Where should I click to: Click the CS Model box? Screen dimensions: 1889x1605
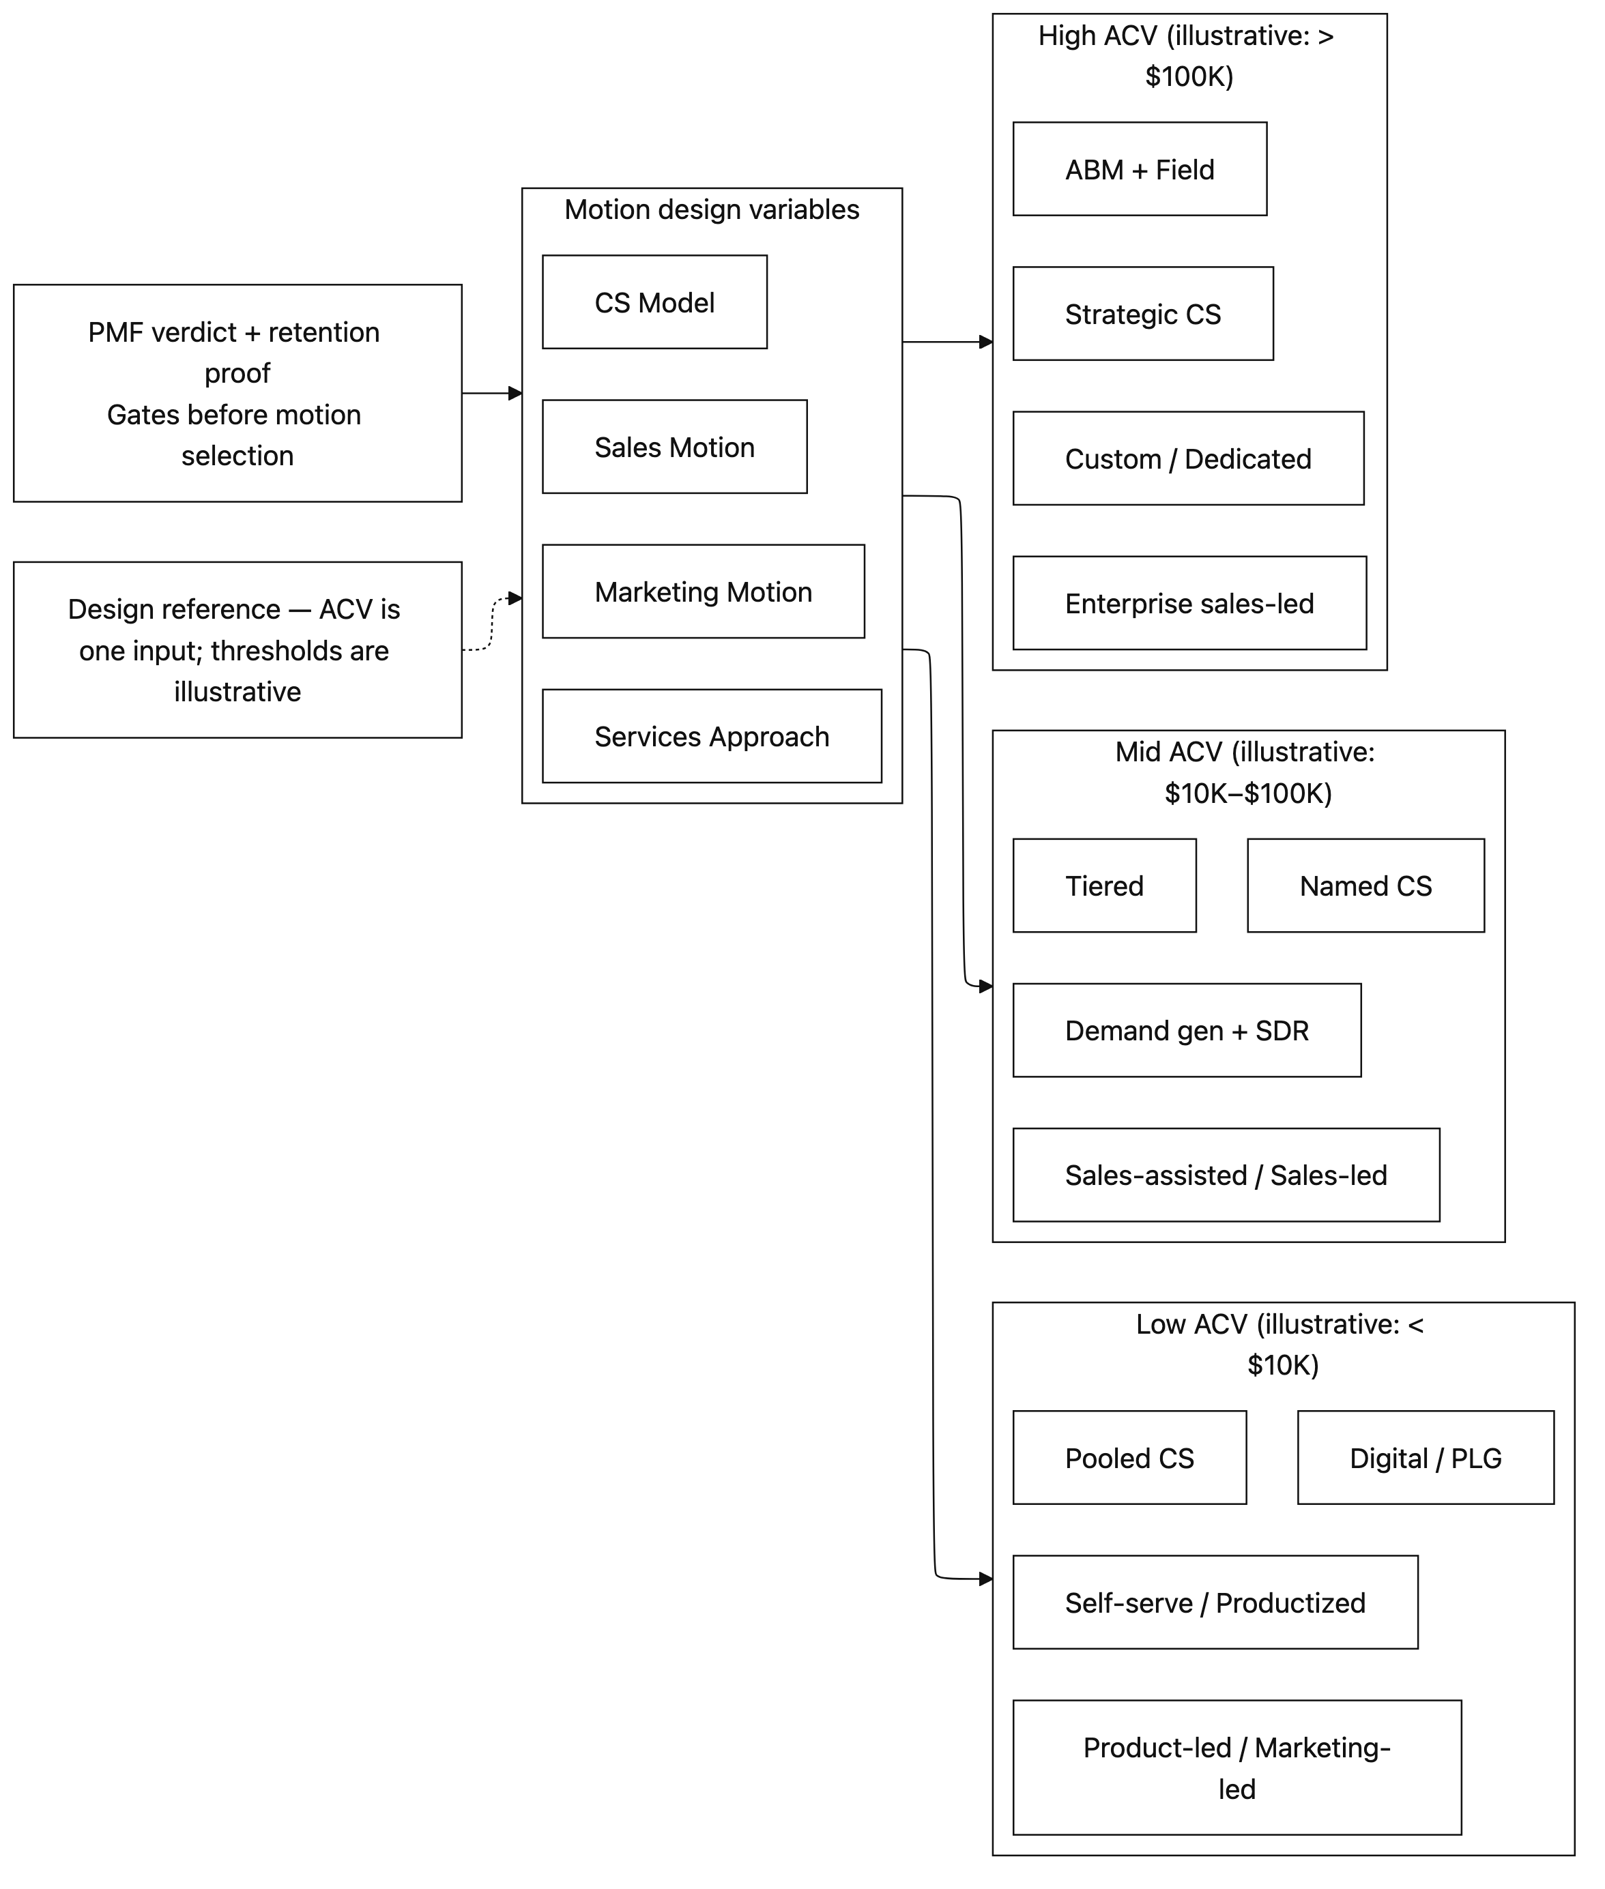(x=654, y=302)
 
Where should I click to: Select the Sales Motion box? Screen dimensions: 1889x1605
(x=674, y=447)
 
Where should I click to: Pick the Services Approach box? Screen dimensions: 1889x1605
(x=712, y=736)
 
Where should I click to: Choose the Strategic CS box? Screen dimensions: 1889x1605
(x=1143, y=314)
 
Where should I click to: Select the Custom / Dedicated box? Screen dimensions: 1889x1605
(x=1188, y=458)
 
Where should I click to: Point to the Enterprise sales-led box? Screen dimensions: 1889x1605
(x=1189, y=603)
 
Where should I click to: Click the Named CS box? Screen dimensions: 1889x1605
(x=1365, y=885)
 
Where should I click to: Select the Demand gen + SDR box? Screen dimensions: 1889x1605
(x=1187, y=1029)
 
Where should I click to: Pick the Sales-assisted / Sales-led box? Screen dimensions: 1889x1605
(x=1226, y=1174)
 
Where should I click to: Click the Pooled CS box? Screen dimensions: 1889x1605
(x=1129, y=1457)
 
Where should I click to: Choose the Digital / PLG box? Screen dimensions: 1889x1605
(x=1425, y=1457)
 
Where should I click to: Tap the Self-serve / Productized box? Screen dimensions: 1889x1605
(x=1215, y=1602)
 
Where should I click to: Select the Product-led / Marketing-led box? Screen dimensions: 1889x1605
(x=1237, y=1767)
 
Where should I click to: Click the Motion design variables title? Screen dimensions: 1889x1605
(x=712, y=209)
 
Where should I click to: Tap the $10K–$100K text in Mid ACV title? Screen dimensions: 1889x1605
(x=1247, y=793)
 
